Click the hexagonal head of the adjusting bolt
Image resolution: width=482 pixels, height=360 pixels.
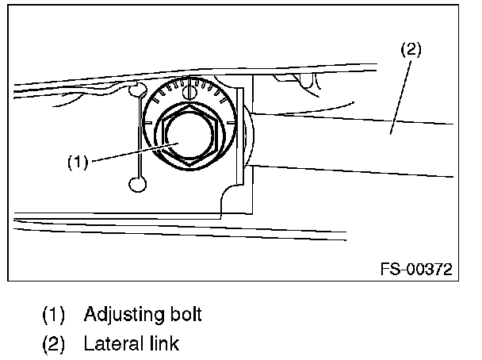(189, 136)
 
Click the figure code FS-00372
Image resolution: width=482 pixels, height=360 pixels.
(413, 269)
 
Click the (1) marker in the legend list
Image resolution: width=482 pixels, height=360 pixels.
(54, 315)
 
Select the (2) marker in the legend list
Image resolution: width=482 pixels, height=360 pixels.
(54, 344)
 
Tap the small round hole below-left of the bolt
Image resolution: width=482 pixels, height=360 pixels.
(137, 185)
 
